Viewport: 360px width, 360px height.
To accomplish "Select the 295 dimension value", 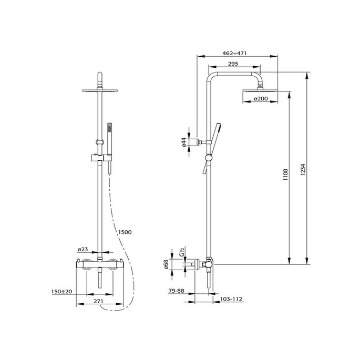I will (234, 64).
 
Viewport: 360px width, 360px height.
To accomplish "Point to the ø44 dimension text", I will (183, 143).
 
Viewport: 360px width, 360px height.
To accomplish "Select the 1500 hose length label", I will (125, 232).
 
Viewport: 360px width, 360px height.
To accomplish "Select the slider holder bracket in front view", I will (100, 157).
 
